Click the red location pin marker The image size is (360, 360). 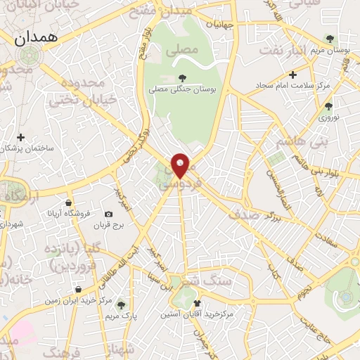coord(181,165)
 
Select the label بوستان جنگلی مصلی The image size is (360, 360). coord(182,90)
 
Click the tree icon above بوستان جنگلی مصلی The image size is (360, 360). coord(182,78)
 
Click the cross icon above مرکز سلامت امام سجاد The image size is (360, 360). coord(292,74)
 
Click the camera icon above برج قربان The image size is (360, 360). coord(108,214)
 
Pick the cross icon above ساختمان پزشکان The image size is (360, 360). coord(21,137)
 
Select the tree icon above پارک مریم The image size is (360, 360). coord(121,304)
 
